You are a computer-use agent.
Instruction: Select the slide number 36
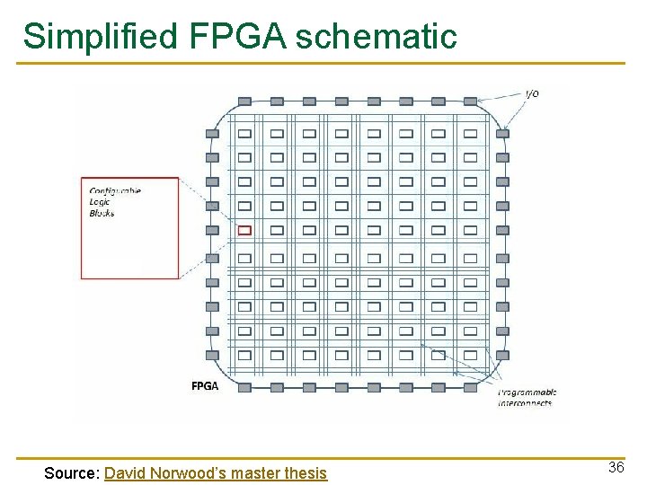pos(616,467)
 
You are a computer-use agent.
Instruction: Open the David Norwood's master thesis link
pos(216,472)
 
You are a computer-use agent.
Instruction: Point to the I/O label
pos(532,94)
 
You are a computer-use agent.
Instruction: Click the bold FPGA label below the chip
pos(204,386)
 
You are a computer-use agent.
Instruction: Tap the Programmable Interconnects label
pos(527,397)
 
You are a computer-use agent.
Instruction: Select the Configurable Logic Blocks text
pos(115,202)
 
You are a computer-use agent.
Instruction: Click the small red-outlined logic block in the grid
pos(244,231)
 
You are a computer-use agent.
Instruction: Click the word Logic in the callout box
pos(100,202)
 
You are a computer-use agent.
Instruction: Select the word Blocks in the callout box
pos(102,213)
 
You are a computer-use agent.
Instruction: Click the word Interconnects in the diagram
pos(526,402)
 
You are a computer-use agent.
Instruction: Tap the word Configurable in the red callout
pos(115,190)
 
